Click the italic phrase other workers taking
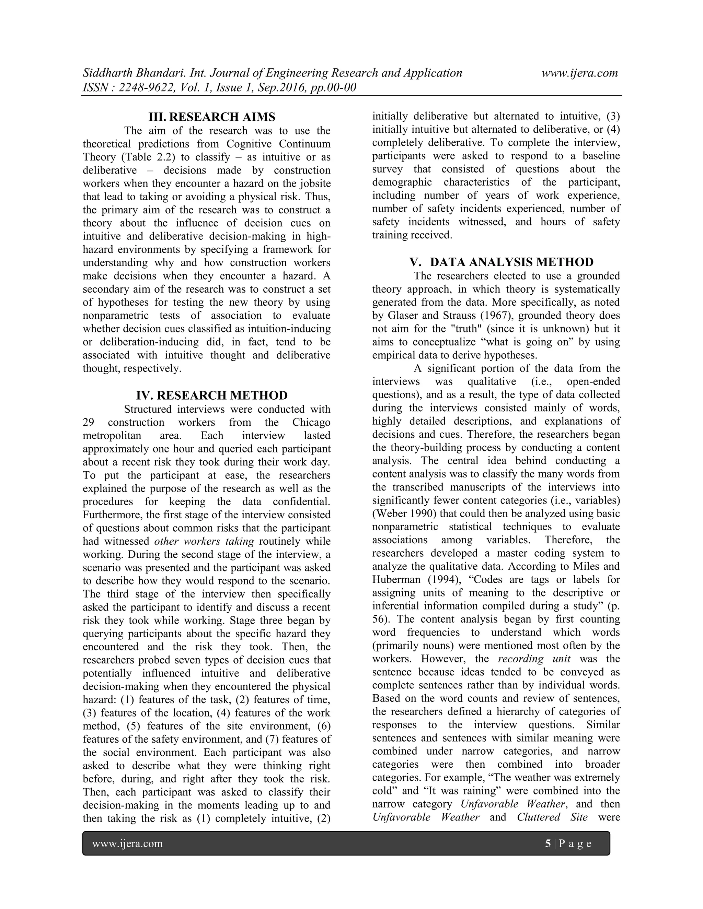[204, 541]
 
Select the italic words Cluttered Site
[552, 817]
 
